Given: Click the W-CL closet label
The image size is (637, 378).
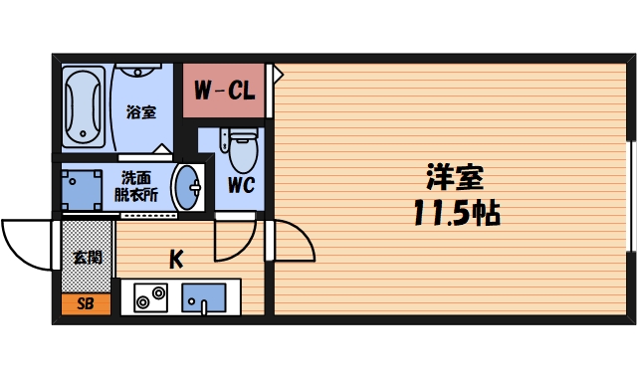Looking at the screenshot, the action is pyautogui.click(x=223, y=92).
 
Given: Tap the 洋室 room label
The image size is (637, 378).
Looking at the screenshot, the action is pyautogui.click(x=456, y=178).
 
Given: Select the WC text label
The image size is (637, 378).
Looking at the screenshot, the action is pyautogui.click(x=240, y=185).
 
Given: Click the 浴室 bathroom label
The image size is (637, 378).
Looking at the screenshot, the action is pyautogui.click(x=141, y=111).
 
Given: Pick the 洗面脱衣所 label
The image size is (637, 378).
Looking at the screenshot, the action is pyautogui.click(x=137, y=186).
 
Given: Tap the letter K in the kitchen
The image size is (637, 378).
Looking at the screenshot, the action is pyautogui.click(x=175, y=260).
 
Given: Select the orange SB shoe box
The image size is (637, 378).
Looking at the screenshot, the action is pyautogui.click(x=86, y=304).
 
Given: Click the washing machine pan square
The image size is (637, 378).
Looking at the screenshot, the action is pyautogui.click(x=83, y=186).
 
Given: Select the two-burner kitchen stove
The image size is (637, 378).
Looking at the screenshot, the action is pyautogui.click(x=149, y=297).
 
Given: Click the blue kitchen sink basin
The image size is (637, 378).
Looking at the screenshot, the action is pyautogui.click(x=204, y=297).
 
